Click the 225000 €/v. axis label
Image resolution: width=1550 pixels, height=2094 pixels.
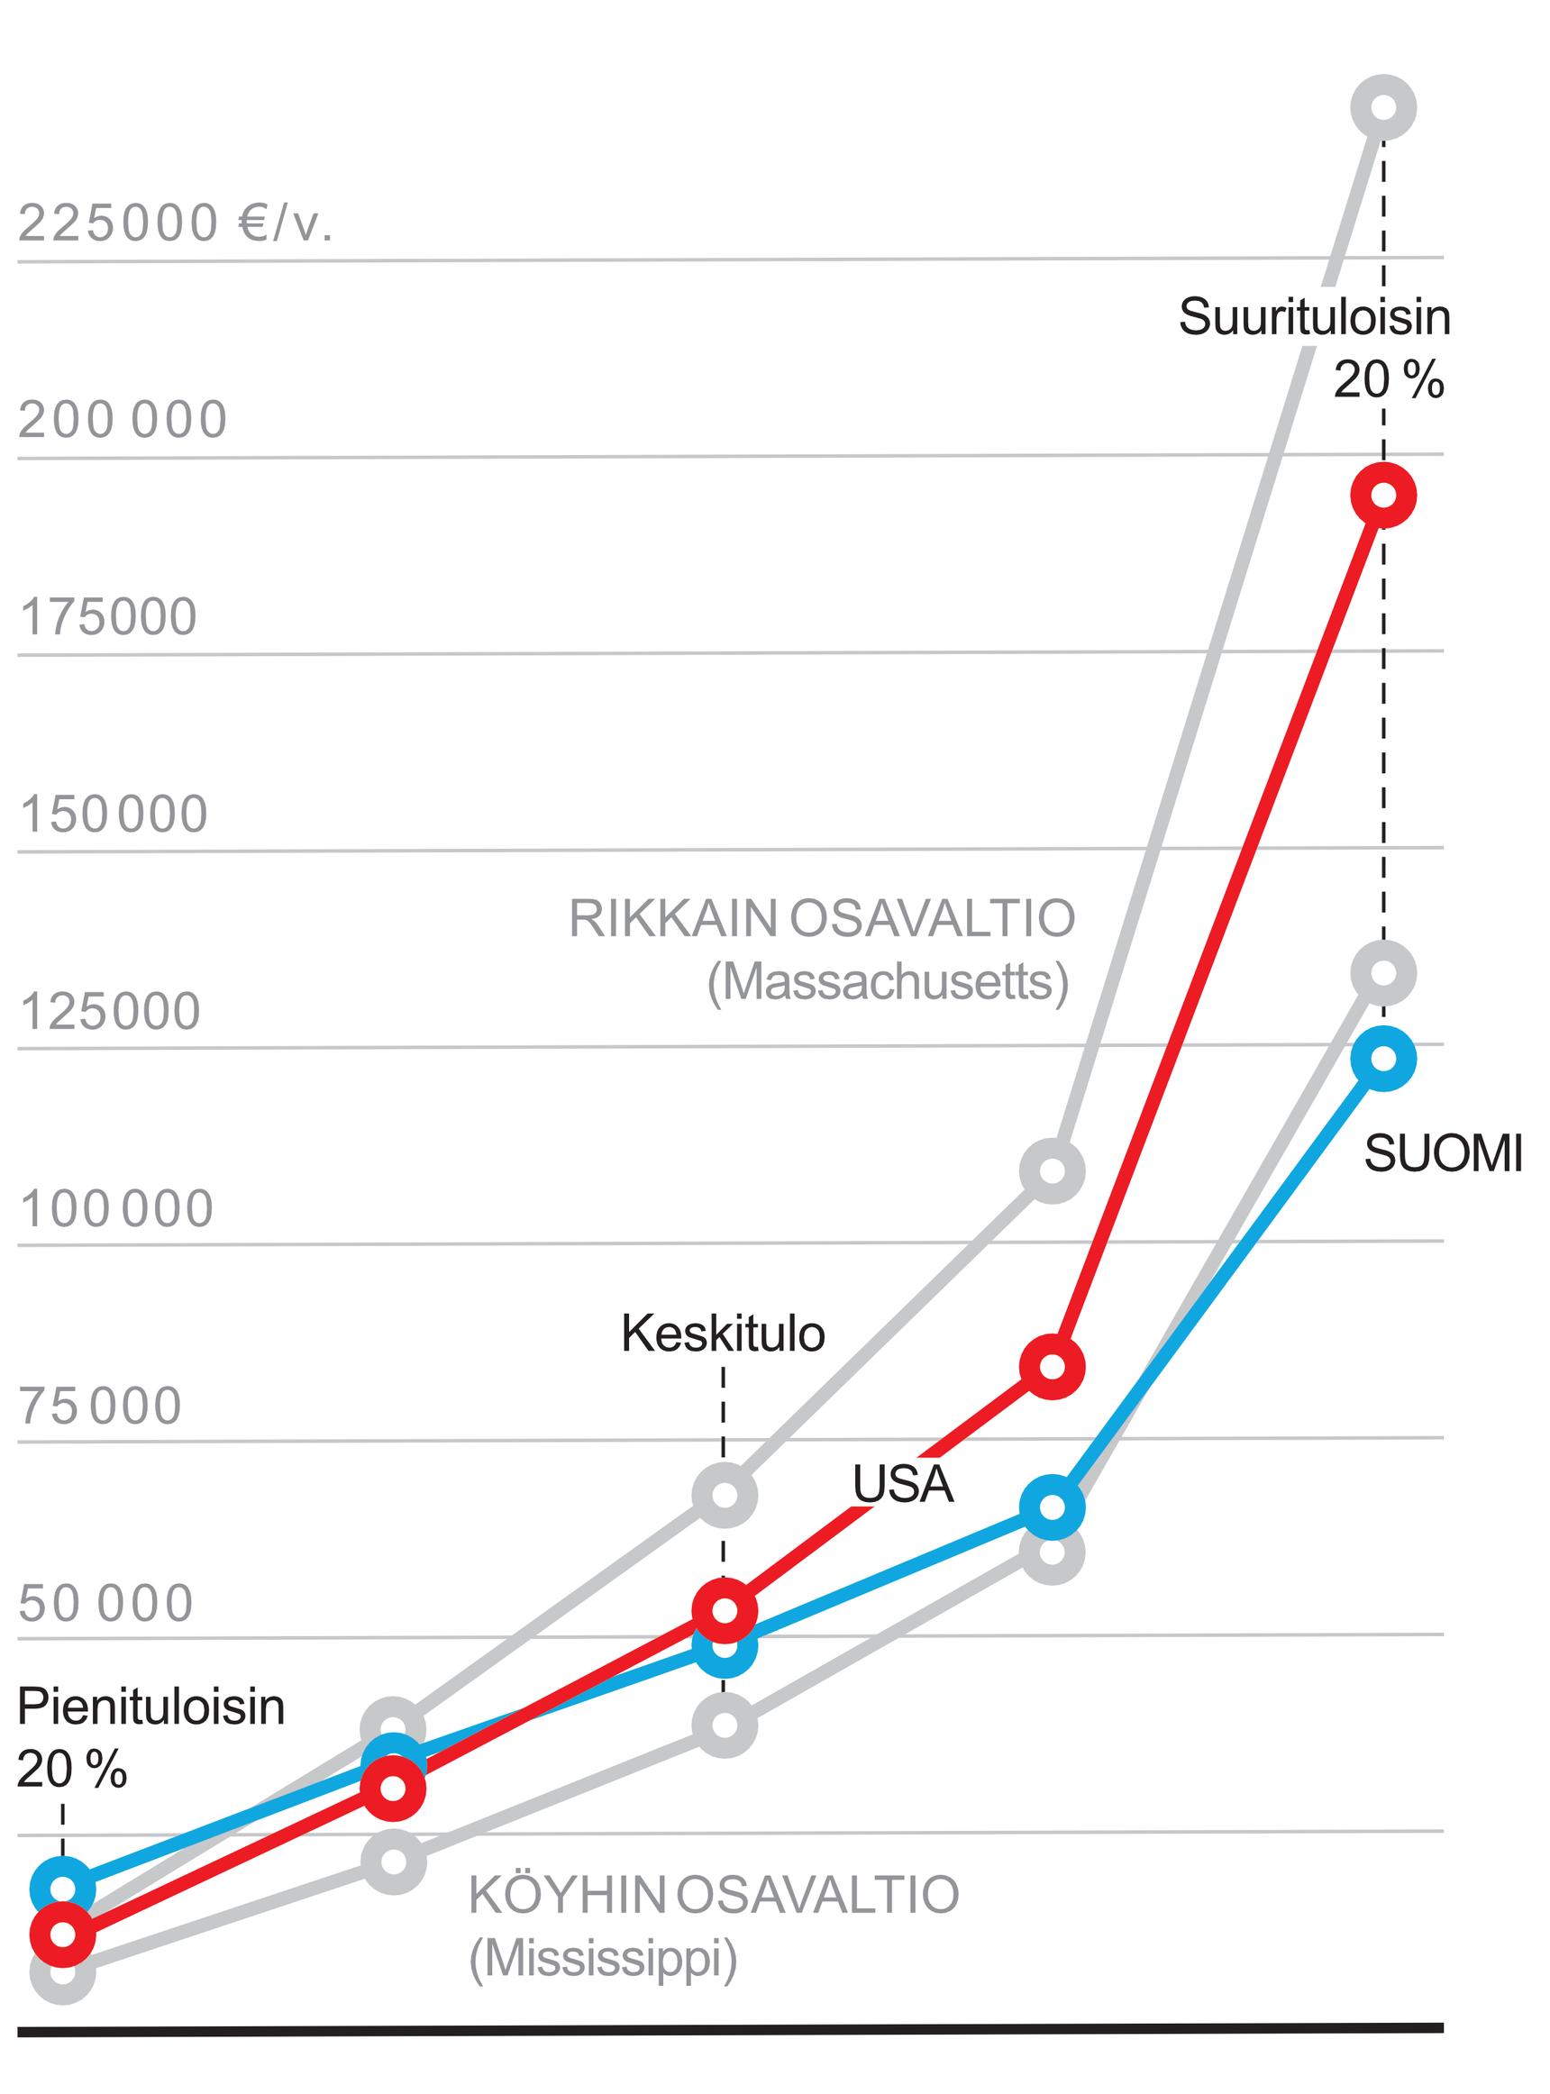coord(176,223)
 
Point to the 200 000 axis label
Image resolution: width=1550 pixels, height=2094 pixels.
coord(123,419)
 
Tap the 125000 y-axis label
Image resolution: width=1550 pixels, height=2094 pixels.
coord(110,1011)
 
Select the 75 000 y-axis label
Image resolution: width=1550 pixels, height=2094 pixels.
coord(100,1406)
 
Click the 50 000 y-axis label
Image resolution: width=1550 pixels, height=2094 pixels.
coord(106,1602)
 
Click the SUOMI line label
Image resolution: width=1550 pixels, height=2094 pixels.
coord(1443,1153)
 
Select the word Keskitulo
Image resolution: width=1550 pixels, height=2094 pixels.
coord(723,1334)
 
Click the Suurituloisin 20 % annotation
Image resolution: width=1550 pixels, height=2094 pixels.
coord(1315,348)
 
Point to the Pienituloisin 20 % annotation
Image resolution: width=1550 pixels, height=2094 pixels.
coord(150,1737)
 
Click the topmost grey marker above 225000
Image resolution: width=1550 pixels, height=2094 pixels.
coord(1383,107)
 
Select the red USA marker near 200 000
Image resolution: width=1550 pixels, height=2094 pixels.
coord(1383,495)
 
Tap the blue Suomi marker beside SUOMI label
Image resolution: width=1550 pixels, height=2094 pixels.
coord(1383,1058)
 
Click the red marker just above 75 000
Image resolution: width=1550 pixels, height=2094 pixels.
coord(1053,1367)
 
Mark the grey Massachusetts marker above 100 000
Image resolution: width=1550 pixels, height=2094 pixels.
coord(1053,1170)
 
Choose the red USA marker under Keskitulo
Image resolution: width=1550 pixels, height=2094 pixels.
coord(725,1610)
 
